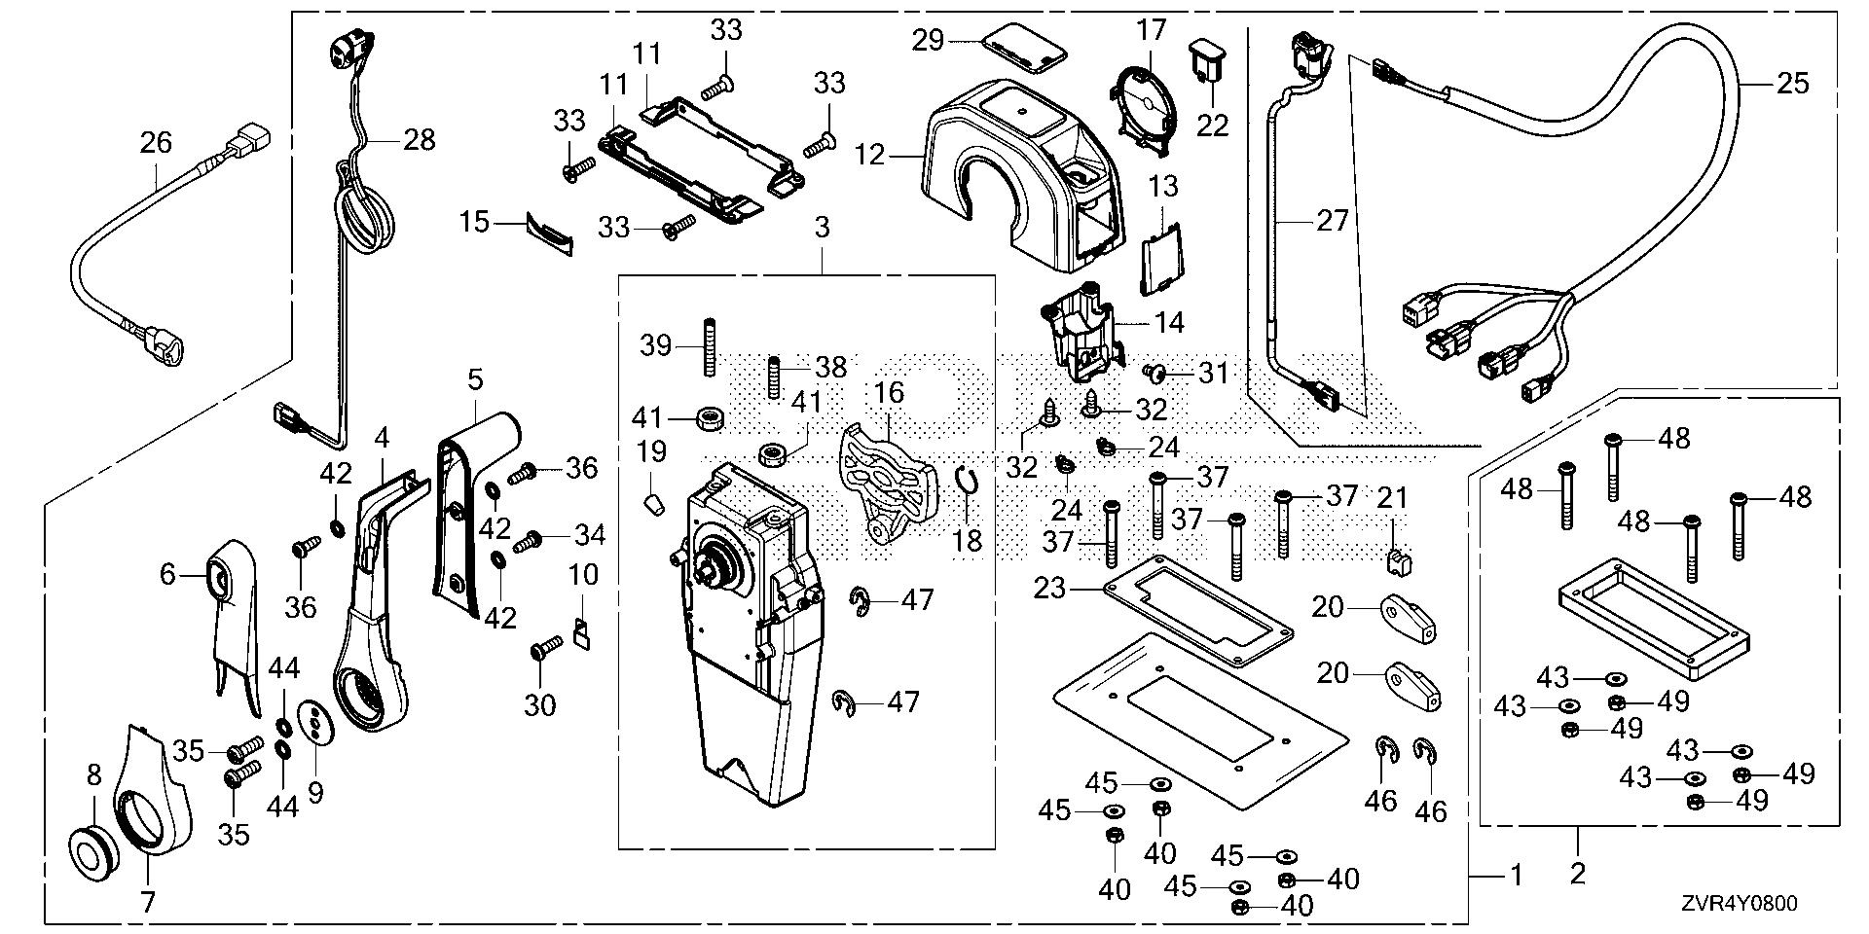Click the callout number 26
point(156,144)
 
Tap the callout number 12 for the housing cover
point(871,154)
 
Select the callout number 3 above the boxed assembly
point(824,229)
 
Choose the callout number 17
point(1151,31)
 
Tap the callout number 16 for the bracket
point(888,393)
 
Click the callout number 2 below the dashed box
point(1578,873)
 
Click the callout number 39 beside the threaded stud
point(657,344)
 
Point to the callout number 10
point(583,575)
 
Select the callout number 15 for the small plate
point(474,223)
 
